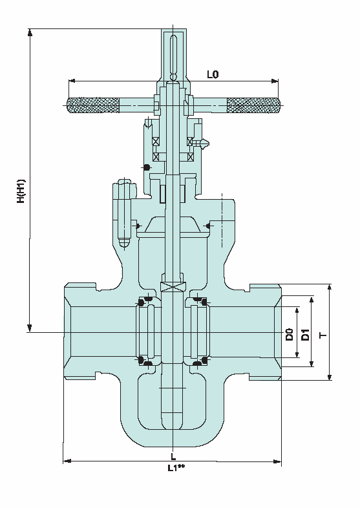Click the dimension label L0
pyautogui.click(x=213, y=74)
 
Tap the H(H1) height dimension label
pyautogui.click(x=21, y=191)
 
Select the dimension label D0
pyautogui.click(x=289, y=334)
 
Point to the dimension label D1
pyautogui.click(x=305, y=334)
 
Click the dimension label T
pyautogui.click(x=323, y=335)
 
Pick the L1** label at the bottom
pyautogui.click(x=176, y=467)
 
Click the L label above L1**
pyautogui.click(x=173, y=457)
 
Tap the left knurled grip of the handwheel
pyautogui.click(x=93, y=105)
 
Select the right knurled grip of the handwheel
pyautogui.click(x=253, y=105)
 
